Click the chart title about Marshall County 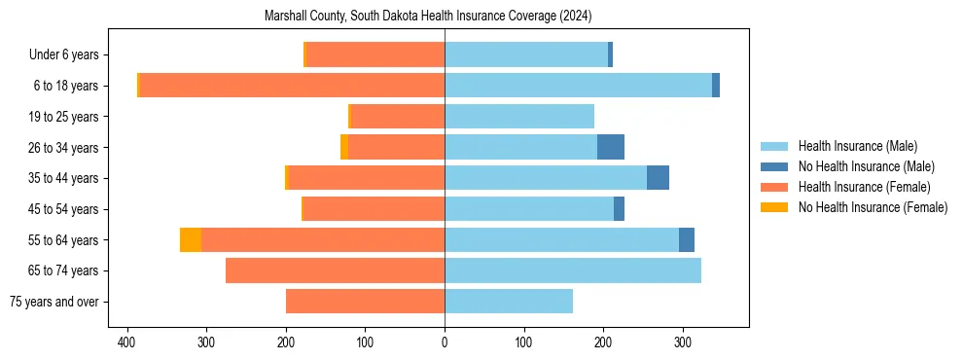coord(428,17)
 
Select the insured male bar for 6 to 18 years coord(578,86)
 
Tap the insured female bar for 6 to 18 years coord(292,86)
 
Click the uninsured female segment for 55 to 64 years coord(191,240)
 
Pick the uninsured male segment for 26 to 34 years coord(611,147)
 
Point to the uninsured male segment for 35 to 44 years coord(658,178)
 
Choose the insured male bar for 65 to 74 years coord(573,270)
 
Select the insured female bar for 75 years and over coord(365,302)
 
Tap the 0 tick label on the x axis coord(445,342)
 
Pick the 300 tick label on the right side coord(683,342)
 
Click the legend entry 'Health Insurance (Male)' coord(857,146)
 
